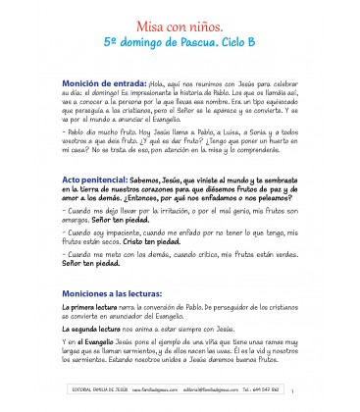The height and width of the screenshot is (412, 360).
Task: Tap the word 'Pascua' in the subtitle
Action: (205, 44)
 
